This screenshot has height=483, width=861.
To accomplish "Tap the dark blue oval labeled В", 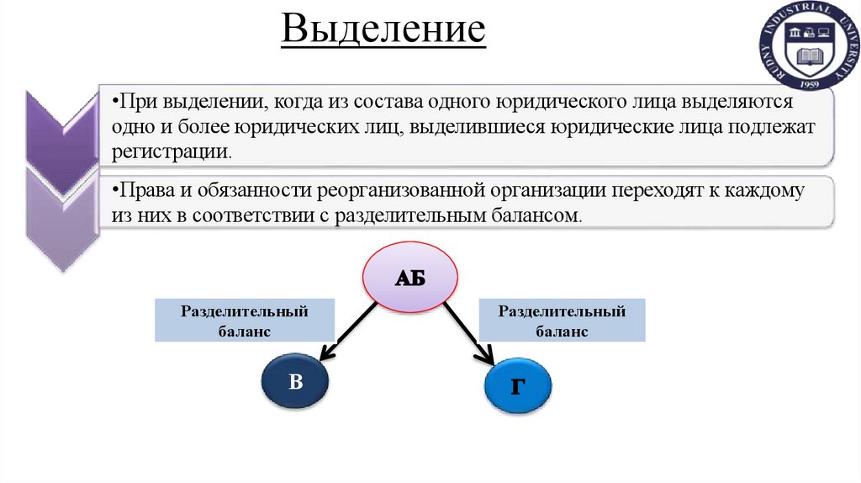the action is (294, 382).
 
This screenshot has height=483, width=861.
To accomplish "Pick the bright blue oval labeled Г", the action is (519, 386).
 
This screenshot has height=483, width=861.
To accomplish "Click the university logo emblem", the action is (811, 47).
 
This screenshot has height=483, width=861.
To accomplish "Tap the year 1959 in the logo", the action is (811, 84).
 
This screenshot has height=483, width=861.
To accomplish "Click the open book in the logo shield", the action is (811, 57).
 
